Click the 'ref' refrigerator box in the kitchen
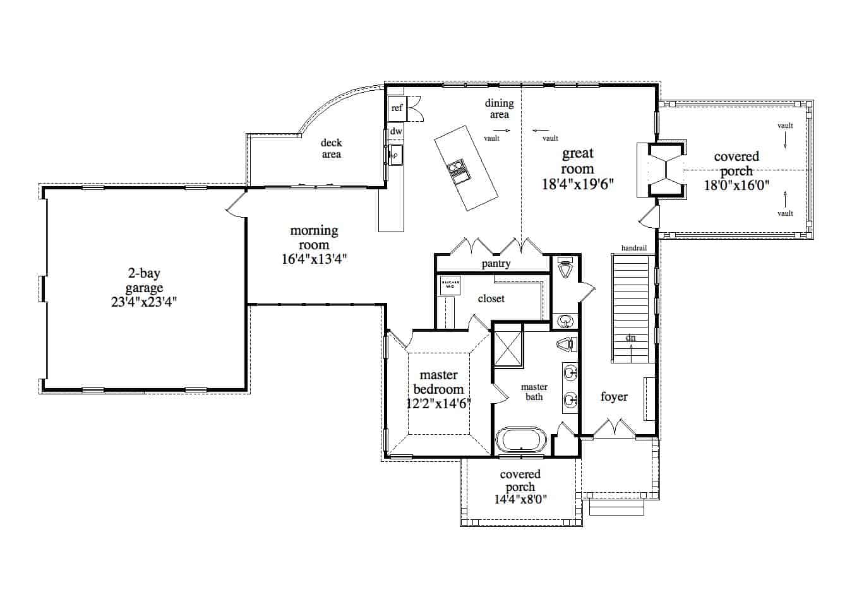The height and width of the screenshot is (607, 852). [x=397, y=108]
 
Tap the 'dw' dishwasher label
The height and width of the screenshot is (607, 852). [x=396, y=131]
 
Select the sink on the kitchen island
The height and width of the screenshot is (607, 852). [x=458, y=171]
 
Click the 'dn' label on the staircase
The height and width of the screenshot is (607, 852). [x=630, y=338]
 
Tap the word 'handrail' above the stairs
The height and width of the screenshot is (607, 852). [x=633, y=248]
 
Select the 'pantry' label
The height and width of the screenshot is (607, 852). [x=496, y=264]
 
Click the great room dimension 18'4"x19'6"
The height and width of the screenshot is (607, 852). [x=578, y=184]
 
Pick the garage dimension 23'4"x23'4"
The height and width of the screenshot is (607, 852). [x=144, y=302]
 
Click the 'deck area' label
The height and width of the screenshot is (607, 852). [x=331, y=148]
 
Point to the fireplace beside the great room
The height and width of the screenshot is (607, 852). [x=667, y=170]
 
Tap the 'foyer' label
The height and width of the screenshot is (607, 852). [x=614, y=396]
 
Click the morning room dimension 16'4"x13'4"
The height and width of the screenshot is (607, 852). [x=314, y=259]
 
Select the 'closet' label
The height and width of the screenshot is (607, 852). [x=491, y=298]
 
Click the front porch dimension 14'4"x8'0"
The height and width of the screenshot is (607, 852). [x=520, y=499]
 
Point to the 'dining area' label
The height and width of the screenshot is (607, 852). [x=499, y=109]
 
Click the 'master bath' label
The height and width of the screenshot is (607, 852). [x=534, y=392]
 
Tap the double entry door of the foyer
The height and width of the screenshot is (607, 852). [x=615, y=428]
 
